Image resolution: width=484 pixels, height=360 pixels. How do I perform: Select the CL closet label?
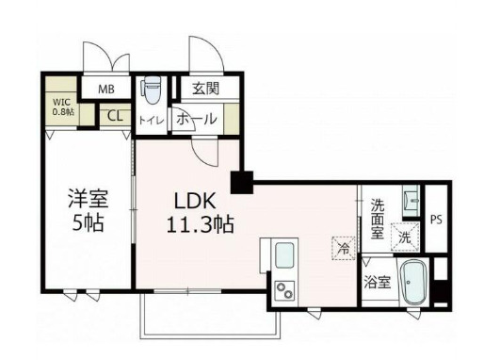[113, 118]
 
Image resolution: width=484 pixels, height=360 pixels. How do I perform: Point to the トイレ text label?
[152, 121]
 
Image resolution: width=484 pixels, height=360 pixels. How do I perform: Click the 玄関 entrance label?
[205, 90]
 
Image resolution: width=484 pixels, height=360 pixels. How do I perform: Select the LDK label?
[195, 202]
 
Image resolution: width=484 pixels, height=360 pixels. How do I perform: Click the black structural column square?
[243, 183]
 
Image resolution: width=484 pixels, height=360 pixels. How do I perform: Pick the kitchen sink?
[283, 255]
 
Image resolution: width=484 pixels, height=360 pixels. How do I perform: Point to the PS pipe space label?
[436, 219]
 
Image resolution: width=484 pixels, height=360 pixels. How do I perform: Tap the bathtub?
[412, 283]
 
